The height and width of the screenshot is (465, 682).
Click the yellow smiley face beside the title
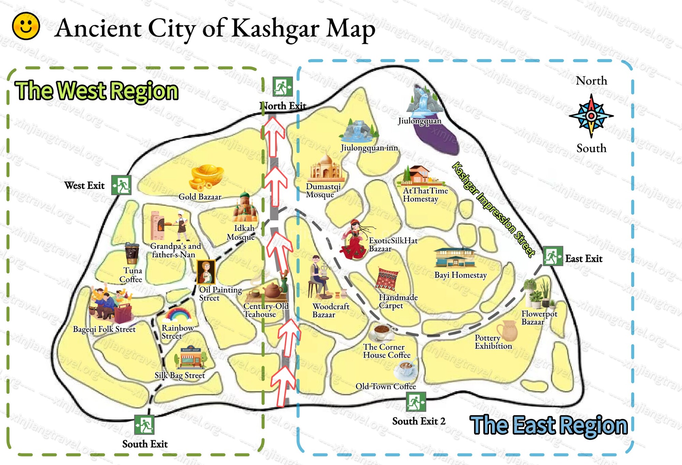coord(26,26)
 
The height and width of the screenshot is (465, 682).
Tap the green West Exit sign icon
coord(121,185)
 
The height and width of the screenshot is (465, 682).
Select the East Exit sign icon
coord(552,256)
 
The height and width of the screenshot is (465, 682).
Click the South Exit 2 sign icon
coord(416,402)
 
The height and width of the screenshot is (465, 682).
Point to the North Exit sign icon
coord(282,87)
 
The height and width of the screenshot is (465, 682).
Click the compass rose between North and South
coord(591,116)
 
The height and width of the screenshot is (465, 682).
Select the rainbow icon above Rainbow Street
coord(177,314)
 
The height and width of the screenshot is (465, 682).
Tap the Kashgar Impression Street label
coord(493,209)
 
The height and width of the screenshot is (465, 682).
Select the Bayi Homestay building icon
coord(455,257)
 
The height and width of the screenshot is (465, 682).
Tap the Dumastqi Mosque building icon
coord(326,168)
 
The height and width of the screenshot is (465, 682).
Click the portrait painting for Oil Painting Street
coord(206,272)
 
